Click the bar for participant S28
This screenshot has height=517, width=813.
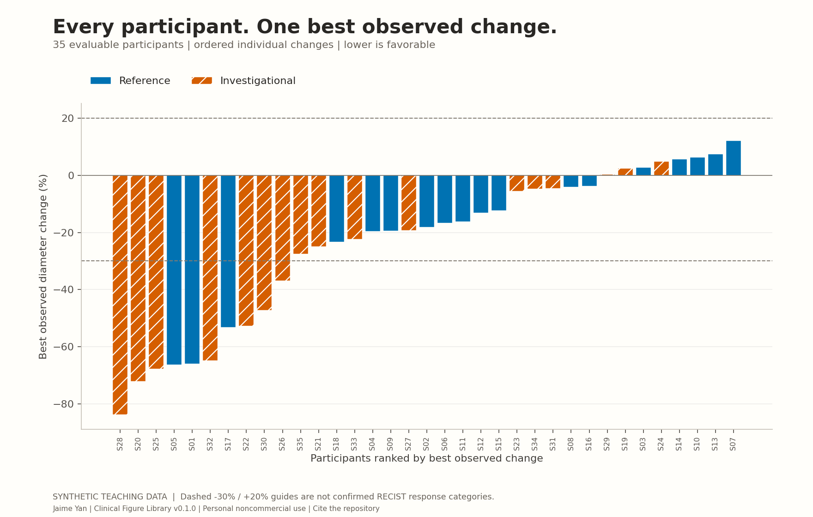120,295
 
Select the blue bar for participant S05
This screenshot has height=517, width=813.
174,270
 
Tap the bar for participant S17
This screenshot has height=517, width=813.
228,251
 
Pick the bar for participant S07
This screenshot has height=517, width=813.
734,158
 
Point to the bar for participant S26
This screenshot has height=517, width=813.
283,228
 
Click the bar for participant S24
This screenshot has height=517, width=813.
661,168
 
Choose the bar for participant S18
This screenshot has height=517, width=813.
337,209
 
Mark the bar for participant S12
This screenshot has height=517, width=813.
481,194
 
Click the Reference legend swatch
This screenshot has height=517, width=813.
101,81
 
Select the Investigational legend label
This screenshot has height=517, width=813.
258,81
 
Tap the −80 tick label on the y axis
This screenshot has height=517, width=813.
64,404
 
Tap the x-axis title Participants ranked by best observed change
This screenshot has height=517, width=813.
427,458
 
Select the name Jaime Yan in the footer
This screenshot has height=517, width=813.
70,509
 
